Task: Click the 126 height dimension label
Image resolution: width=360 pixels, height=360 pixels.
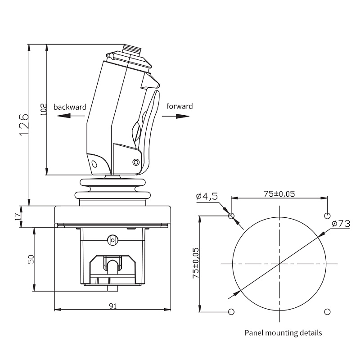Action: tap(24, 125)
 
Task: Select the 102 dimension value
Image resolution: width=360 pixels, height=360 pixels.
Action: tap(43, 109)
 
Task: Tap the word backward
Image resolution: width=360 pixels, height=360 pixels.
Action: tap(70, 107)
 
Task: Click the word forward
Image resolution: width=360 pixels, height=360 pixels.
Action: tap(180, 106)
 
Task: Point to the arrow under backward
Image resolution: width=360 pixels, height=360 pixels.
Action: tap(71, 116)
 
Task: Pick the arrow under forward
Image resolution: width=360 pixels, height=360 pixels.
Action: tap(175, 116)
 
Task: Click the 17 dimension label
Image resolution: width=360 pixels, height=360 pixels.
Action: tap(18, 217)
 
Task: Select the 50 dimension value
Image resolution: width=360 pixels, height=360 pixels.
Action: tap(31, 259)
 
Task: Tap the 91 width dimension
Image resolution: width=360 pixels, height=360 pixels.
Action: tap(112, 306)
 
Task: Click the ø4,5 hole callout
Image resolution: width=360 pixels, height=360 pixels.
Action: tap(207, 196)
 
